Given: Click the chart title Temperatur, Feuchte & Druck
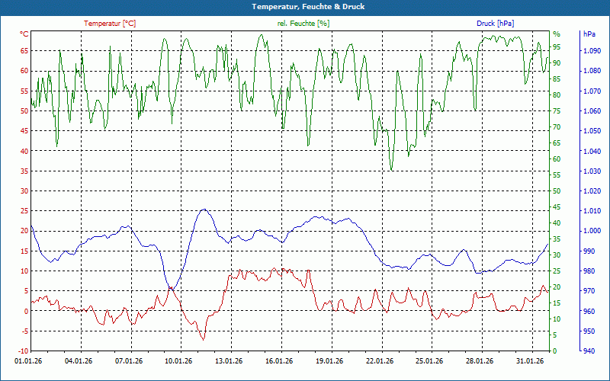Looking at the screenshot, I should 305,6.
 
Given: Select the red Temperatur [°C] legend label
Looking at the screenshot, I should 110,24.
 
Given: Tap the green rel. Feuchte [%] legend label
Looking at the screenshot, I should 303,24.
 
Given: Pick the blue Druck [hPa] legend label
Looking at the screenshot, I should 496,24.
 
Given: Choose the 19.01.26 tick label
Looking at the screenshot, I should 330,361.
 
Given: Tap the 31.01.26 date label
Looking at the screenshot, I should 530,361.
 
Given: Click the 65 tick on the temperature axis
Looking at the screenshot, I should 24,51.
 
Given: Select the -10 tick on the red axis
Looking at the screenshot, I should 23,351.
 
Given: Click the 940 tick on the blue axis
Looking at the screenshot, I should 588,351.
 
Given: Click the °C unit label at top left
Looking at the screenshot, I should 24,34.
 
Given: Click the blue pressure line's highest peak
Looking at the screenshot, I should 203,210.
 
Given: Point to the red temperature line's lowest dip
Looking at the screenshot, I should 203,339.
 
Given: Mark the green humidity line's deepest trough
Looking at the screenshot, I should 392,170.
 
